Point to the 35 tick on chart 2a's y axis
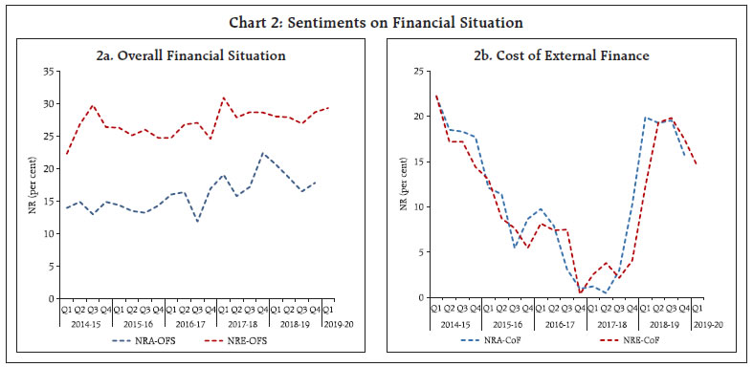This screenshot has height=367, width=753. pyautogui.click(x=47, y=72)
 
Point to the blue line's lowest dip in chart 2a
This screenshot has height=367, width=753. pyautogui.click(x=198, y=221)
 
